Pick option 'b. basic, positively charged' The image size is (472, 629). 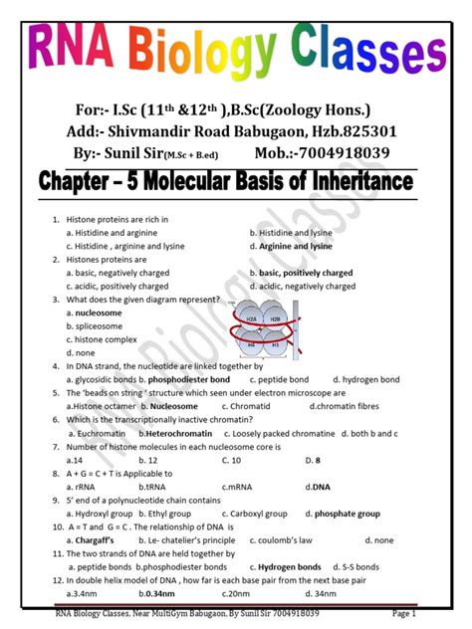coord(302,272)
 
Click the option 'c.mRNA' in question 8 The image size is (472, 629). coord(238,487)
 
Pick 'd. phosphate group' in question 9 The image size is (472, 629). coord(341,514)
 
